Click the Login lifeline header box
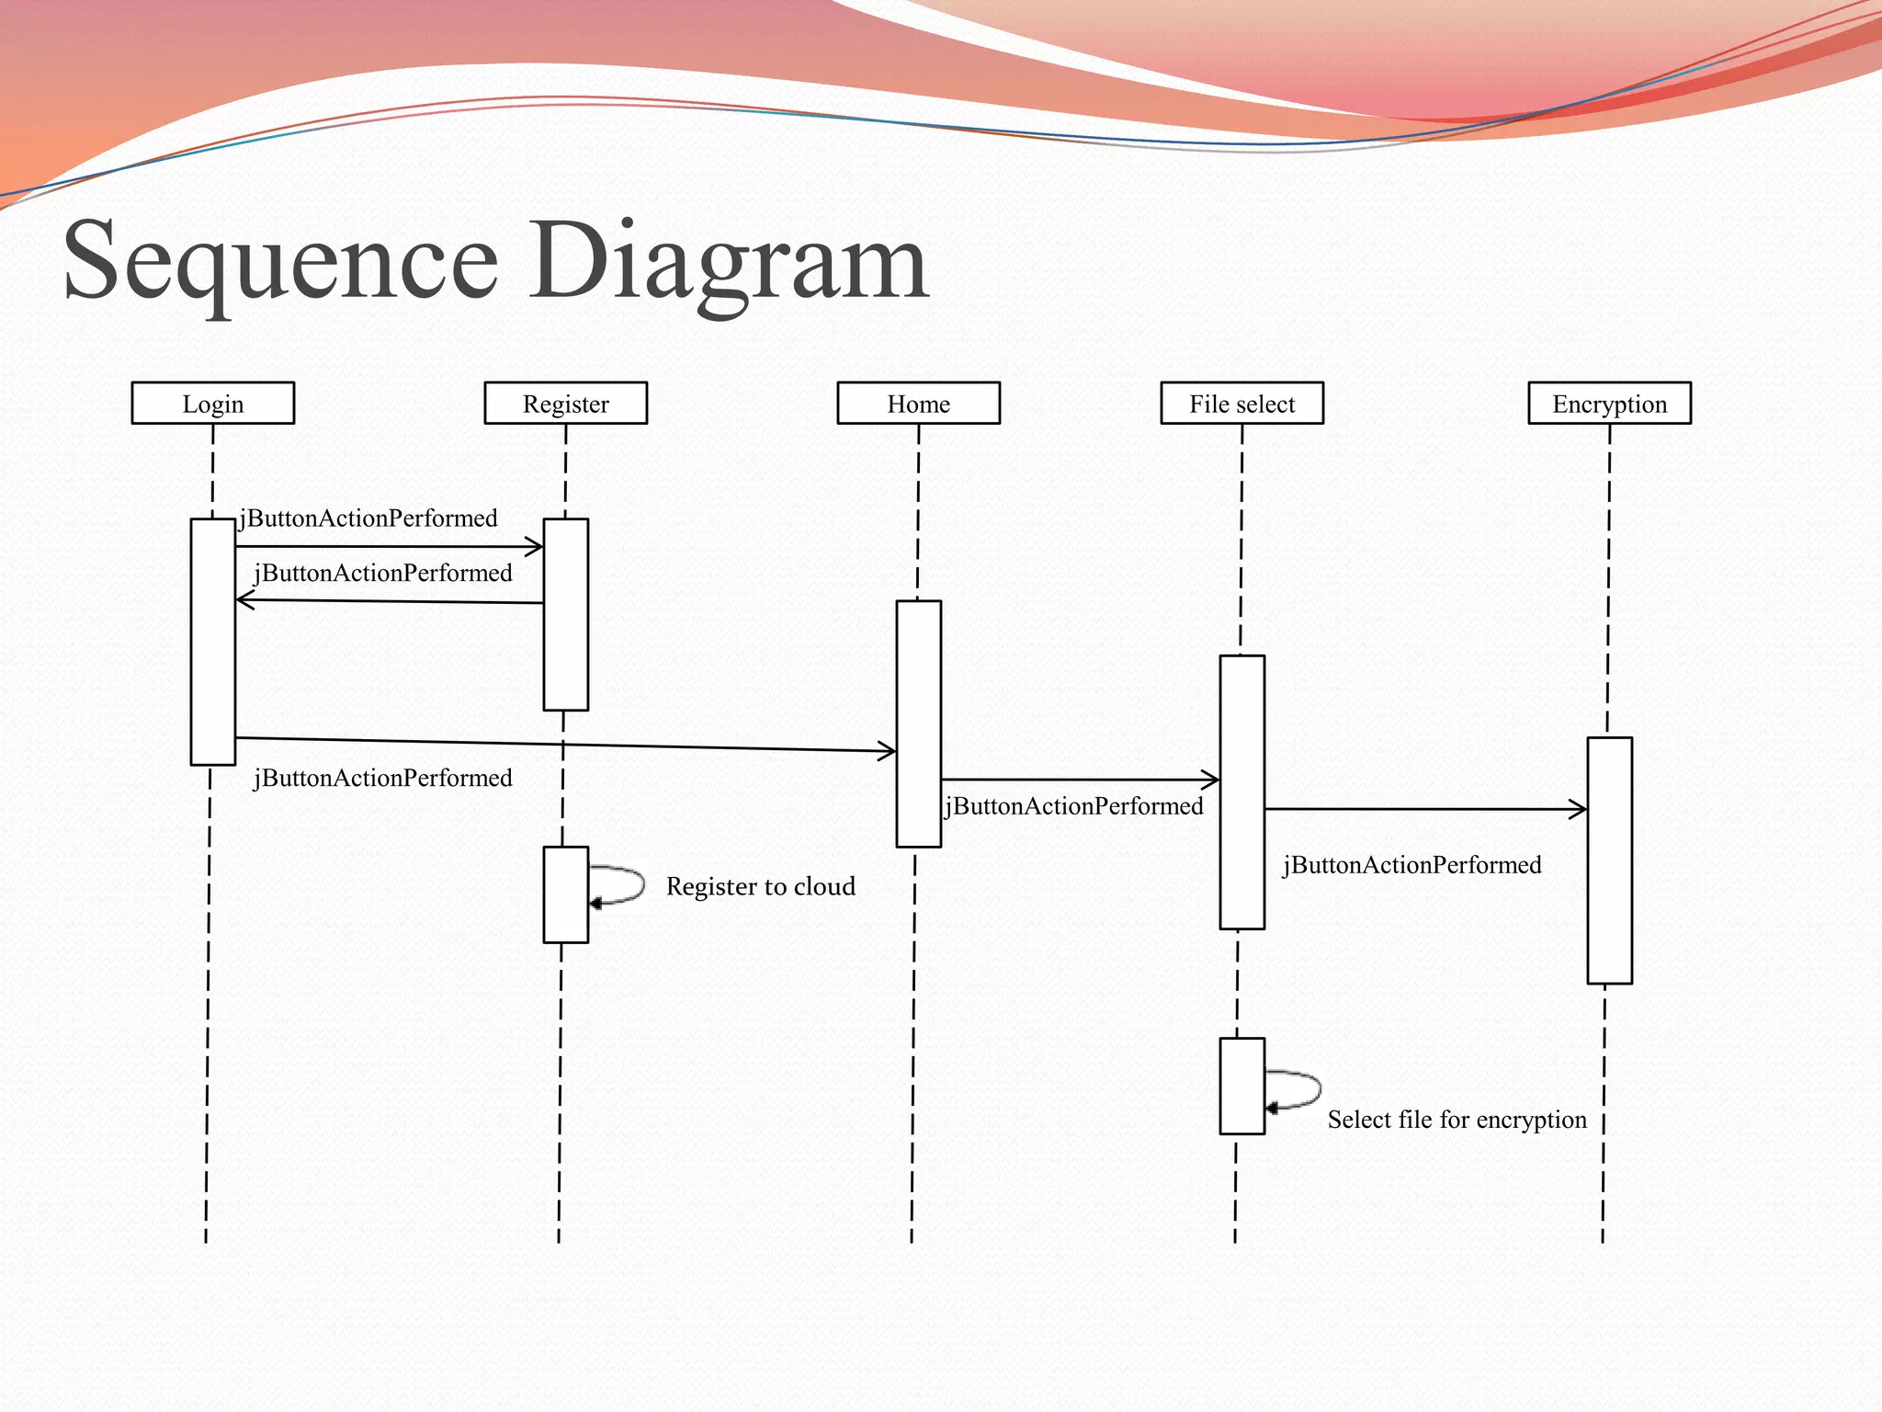coord(213,404)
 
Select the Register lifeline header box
coord(566,404)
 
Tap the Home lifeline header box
coord(919,404)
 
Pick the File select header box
coord(1242,404)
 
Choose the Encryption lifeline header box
coord(1610,404)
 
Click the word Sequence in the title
coord(281,262)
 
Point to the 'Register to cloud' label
coord(761,886)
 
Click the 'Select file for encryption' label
coord(1457,1120)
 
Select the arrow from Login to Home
coord(566,745)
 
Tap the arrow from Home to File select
coord(1081,780)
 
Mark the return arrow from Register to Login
coord(390,601)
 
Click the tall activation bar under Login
coord(213,642)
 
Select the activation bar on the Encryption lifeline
coord(1610,860)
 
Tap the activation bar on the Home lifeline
coord(919,723)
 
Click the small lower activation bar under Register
coord(566,894)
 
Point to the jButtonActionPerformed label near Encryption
coord(1412,865)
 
